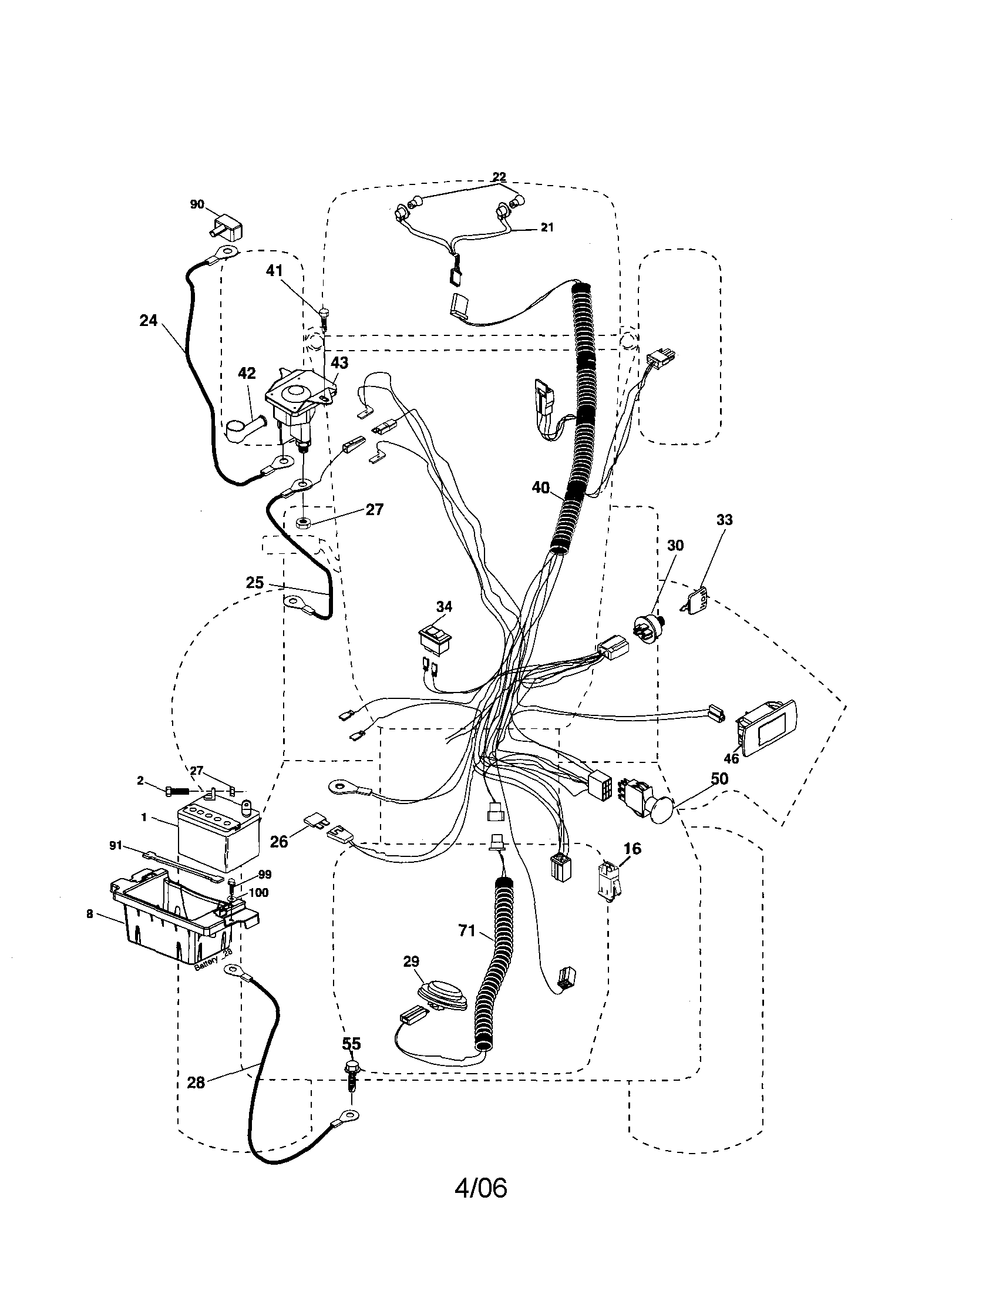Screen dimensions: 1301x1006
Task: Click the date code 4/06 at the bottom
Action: click(x=480, y=1202)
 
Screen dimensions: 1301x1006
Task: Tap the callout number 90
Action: click(x=197, y=204)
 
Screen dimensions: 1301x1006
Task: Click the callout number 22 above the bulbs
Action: click(x=499, y=177)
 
